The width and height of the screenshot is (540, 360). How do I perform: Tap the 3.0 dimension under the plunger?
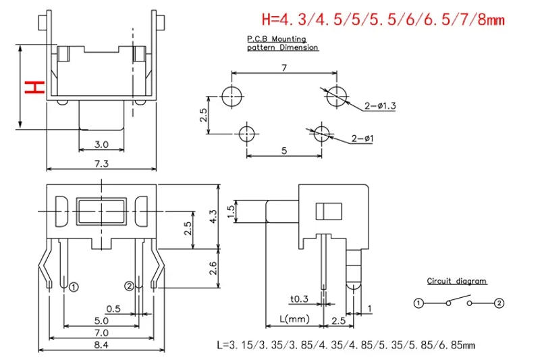coord(101,145)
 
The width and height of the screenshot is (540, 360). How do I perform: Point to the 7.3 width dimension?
coord(101,163)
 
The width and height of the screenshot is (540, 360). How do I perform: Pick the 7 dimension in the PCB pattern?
coord(284,68)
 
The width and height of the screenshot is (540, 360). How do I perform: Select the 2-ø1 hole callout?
coord(364,139)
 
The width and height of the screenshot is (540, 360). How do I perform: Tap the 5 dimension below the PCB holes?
coord(284,151)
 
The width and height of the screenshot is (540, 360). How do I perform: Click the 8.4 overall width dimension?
coord(101,345)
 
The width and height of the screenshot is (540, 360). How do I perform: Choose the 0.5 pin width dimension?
coord(113,309)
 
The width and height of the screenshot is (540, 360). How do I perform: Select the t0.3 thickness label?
coord(300,300)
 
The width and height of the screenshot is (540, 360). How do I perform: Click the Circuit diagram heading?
coord(456,281)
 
